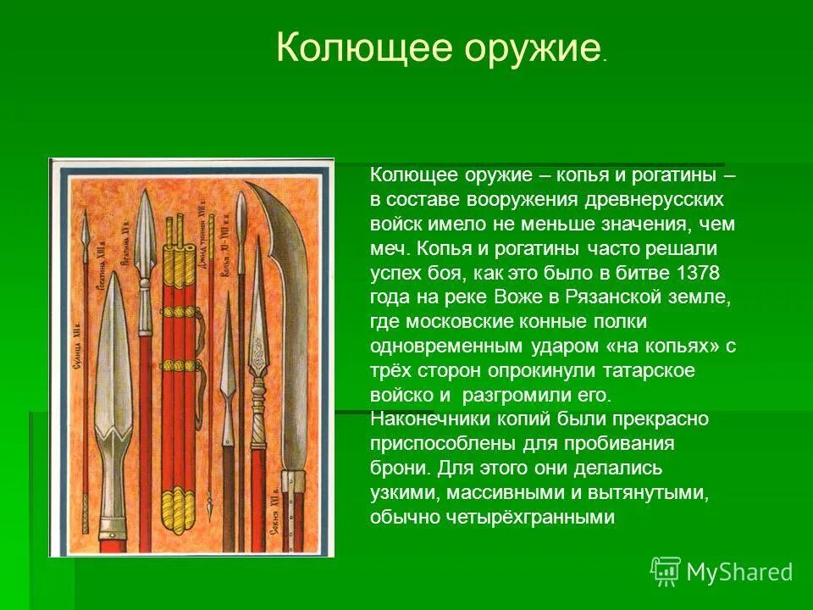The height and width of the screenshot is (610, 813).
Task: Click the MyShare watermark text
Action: tap(739, 572)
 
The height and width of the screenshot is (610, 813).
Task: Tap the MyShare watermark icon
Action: tap(666, 571)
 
